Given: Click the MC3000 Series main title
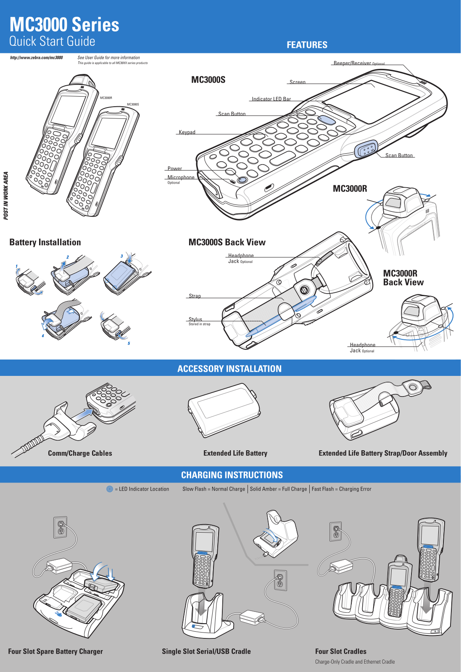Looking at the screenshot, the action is pos(64,24).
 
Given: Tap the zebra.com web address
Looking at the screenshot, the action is pos(36,58).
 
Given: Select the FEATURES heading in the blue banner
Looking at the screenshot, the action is pos(307,45).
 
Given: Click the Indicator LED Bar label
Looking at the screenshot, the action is pos(271,99).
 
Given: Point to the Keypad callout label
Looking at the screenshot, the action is pos(187,132).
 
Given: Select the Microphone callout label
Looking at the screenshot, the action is pos(181,177).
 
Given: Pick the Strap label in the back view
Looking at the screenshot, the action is pos(195,296).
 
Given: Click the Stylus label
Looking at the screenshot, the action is pos(195,319).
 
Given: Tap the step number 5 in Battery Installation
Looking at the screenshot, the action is pos(129,343).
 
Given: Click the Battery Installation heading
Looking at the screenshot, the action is pos(45,242).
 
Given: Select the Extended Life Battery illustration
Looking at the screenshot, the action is pos(224,410).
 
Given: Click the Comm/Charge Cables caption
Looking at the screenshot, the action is pos(80,453).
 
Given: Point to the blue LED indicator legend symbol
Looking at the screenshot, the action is pos(110,489).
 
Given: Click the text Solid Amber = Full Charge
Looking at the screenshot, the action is pos(278,489).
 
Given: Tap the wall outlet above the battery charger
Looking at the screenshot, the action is pos(61,527).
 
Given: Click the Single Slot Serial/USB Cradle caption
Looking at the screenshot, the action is pos(206,651).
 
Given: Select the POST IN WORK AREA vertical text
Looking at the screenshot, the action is pos(6,196).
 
